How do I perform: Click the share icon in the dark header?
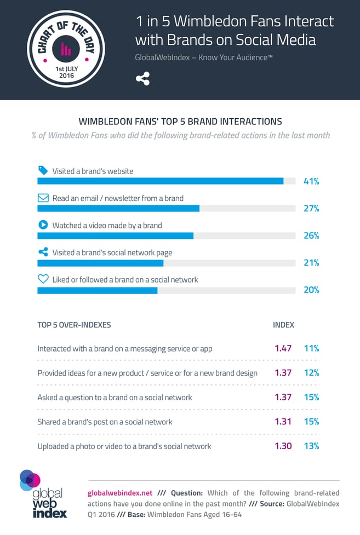tap(142, 79)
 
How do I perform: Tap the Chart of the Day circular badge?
tap(66, 49)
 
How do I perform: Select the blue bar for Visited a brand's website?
tap(160, 181)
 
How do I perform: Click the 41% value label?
tap(311, 181)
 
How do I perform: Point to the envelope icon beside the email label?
tap(43, 198)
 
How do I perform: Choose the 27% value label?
tap(311, 209)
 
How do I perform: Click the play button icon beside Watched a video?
tap(43, 225)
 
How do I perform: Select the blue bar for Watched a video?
tap(115, 235)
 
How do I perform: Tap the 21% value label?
tap(311, 263)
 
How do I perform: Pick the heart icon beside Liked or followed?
tap(43, 279)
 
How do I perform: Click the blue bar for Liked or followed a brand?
tap(97, 290)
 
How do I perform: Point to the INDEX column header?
tap(283, 325)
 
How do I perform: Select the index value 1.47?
tap(283, 348)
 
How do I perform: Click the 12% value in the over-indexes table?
tap(311, 373)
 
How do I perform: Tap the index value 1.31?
tap(283, 422)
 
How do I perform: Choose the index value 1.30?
tap(283, 446)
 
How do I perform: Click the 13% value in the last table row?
tap(311, 446)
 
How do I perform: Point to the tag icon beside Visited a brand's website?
tap(43, 170)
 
